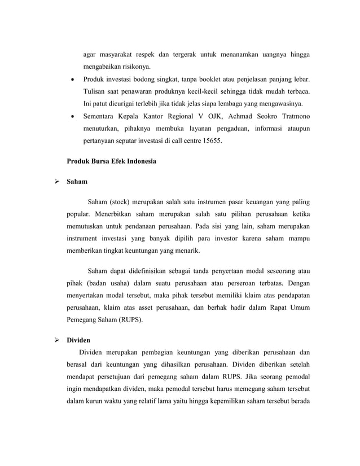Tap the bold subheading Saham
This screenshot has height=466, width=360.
[x=77, y=182]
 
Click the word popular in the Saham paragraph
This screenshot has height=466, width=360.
[x=78, y=214]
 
